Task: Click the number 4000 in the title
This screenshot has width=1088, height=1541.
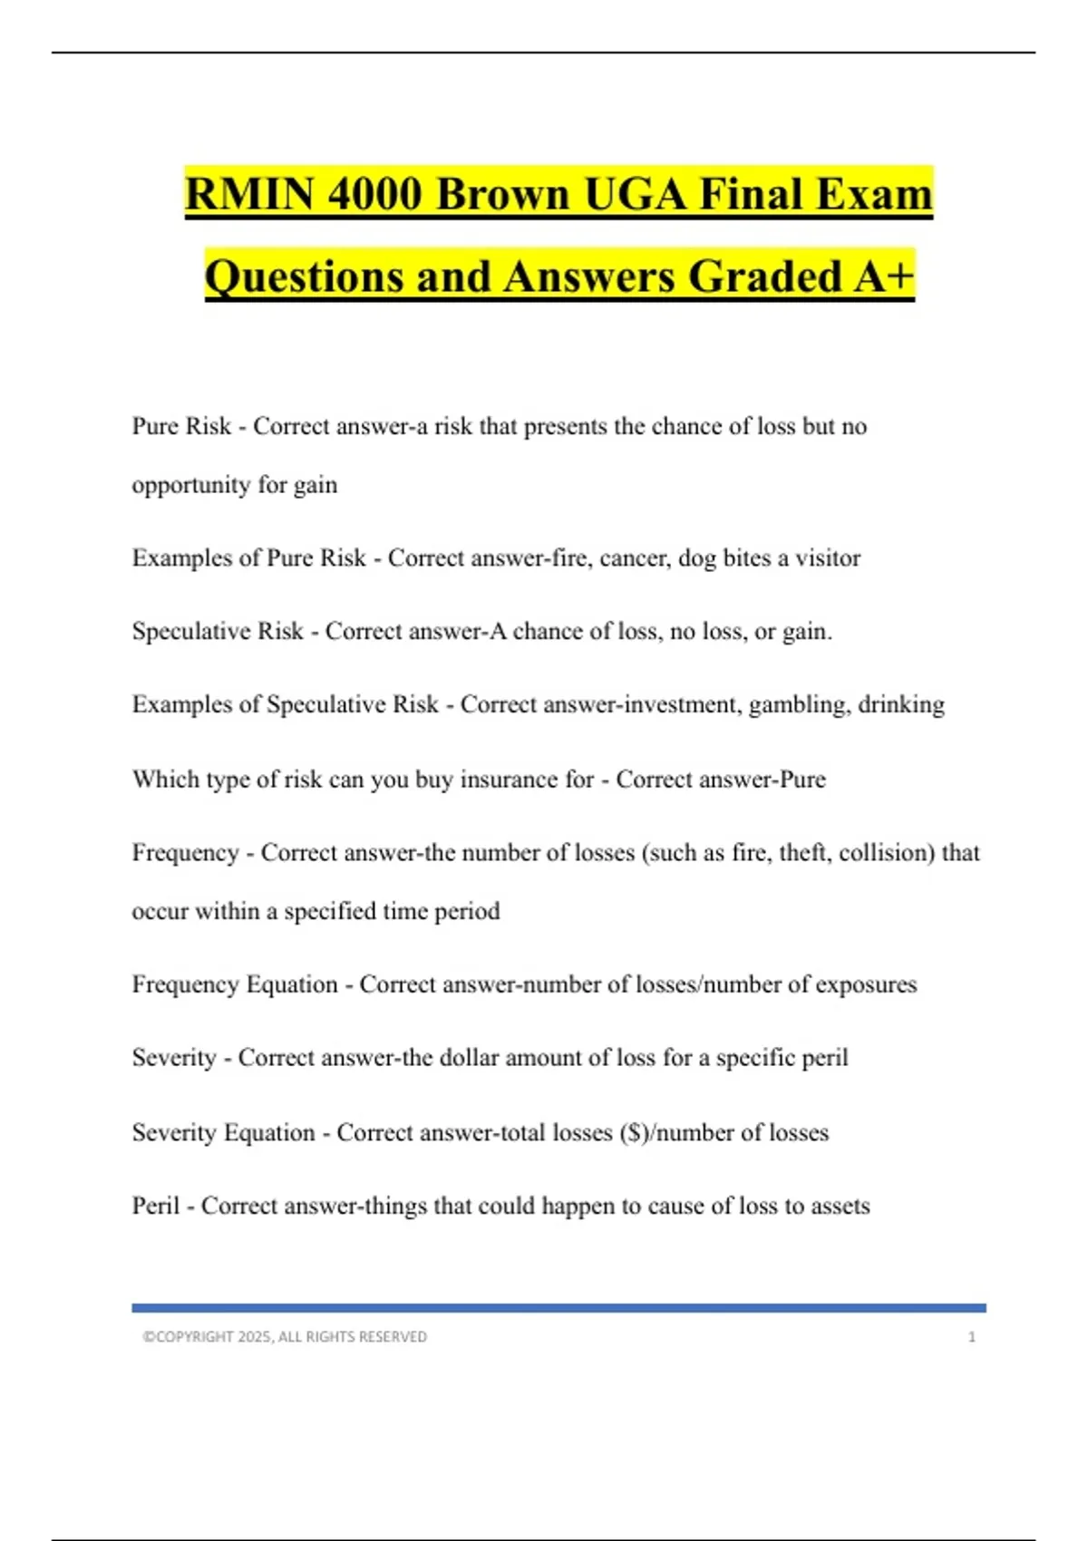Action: (x=374, y=195)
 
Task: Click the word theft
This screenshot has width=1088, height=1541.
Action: (x=801, y=852)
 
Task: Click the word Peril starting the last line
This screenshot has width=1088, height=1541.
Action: (x=156, y=1206)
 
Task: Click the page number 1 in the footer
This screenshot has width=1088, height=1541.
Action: (x=972, y=1337)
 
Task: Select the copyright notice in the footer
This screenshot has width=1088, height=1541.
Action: (x=285, y=1337)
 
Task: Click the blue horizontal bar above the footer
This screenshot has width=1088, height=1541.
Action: (x=559, y=1308)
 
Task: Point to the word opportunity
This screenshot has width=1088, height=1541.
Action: (x=190, y=486)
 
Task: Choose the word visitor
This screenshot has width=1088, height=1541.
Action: (x=828, y=557)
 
